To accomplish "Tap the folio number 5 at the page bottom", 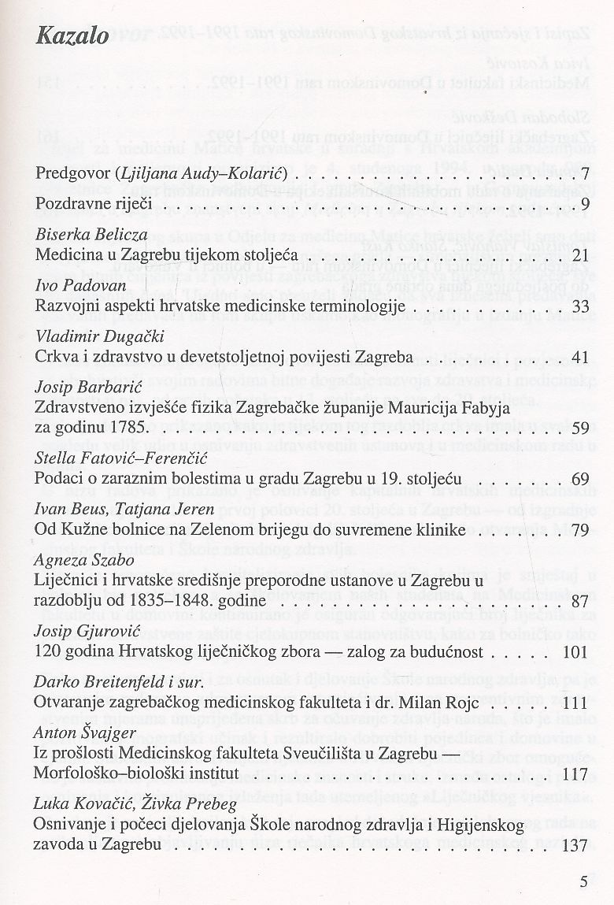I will pyautogui.click(x=583, y=881).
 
